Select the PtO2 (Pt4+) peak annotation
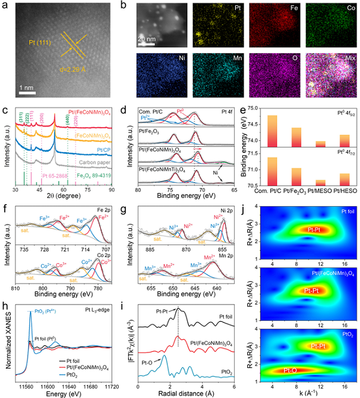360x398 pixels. tap(49, 311)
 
